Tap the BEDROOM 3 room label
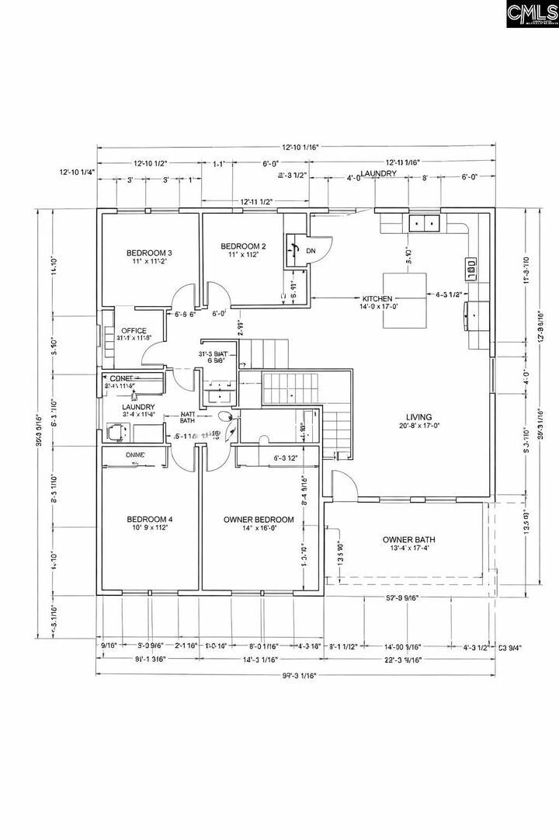(x=149, y=252)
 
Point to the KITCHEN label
(x=378, y=298)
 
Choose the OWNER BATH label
(x=409, y=539)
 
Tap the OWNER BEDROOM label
(x=259, y=520)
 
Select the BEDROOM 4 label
(x=149, y=520)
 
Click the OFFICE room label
(x=134, y=331)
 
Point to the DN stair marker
(x=311, y=250)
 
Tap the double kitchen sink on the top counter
(x=424, y=223)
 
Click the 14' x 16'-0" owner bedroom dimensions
(x=259, y=528)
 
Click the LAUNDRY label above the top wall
(x=378, y=173)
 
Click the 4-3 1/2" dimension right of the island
(x=450, y=294)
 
